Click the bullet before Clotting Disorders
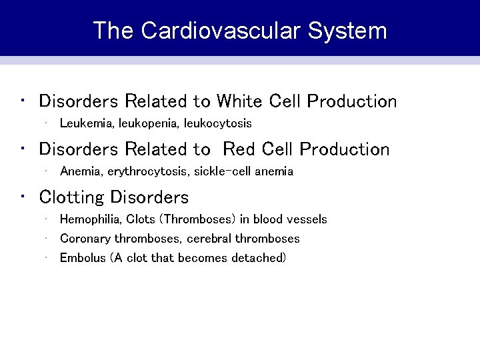(x=23, y=197)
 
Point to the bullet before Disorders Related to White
(x=23, y=101)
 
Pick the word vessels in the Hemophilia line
(x=308, y=219)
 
